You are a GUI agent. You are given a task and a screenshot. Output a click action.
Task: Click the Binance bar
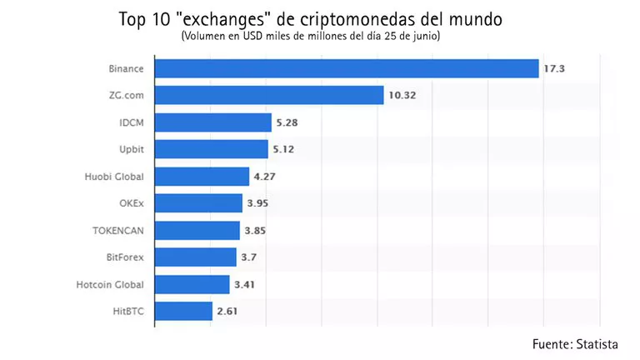(347, 68)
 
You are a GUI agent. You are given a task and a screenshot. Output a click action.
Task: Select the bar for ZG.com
(269, 95)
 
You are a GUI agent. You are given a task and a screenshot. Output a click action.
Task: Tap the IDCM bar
(213, 122)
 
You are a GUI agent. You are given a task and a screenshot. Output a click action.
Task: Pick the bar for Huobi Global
(202, 176)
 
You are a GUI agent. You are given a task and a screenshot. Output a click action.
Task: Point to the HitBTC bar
(183, 312)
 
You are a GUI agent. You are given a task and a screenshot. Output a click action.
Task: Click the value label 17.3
(555, 68)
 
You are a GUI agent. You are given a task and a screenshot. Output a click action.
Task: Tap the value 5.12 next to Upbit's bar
(284, 150)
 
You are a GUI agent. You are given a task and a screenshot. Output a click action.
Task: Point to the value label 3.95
(257, 203)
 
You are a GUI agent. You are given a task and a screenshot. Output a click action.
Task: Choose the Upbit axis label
(133, 150)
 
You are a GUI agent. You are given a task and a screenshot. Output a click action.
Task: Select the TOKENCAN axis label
(122, 231)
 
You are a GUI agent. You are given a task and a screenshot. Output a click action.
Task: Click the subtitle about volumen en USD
(311, 37)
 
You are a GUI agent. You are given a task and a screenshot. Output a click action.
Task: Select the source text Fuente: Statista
(575, 343)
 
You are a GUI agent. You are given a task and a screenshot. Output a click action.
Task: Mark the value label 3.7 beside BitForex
(249, 257)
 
